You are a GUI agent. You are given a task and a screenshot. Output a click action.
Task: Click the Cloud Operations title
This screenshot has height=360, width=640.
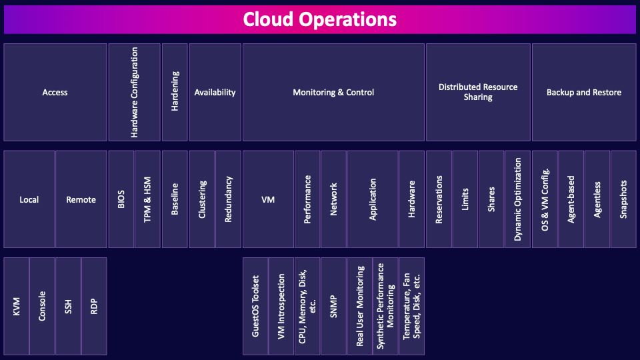(320, 19)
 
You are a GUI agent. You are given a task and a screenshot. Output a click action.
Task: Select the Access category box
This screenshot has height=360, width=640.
(55, 92)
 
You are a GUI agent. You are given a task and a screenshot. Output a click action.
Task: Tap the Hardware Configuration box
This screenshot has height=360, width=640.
(135, 92)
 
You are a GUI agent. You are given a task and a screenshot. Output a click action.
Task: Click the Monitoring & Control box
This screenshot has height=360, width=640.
(333, 92)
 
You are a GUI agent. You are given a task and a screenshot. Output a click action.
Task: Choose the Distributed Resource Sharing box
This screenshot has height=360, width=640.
(478, 92)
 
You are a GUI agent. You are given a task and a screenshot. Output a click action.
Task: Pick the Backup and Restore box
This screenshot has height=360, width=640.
(584, 92)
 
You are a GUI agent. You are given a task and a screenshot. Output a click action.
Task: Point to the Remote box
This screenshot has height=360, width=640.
(81, 199)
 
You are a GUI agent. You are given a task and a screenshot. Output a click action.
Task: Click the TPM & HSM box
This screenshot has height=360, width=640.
(147, 199)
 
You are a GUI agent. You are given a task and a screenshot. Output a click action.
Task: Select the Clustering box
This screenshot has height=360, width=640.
(202, 199)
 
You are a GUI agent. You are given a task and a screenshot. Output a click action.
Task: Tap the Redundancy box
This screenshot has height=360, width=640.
(228, 199)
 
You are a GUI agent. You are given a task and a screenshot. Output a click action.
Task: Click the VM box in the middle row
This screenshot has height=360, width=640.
(268, 199)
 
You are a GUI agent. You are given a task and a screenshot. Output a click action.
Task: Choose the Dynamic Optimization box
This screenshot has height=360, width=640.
(518, 199)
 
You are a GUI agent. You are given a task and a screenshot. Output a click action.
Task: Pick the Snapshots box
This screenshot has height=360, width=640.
(623, 199)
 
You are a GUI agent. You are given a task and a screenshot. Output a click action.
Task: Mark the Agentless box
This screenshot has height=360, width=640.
(597, 199)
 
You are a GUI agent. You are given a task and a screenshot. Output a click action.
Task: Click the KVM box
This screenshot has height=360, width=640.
(17, 306)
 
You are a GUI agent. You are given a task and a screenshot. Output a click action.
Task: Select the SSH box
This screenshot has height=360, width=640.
(68, 306)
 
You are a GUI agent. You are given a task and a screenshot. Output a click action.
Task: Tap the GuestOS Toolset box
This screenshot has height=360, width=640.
(255, 306)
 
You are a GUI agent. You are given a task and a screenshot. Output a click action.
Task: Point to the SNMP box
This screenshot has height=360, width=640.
(333, 306)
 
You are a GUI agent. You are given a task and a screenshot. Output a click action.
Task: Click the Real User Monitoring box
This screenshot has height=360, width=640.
(360, 306)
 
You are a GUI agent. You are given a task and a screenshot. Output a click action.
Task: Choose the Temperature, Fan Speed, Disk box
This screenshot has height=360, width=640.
(411, 306)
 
